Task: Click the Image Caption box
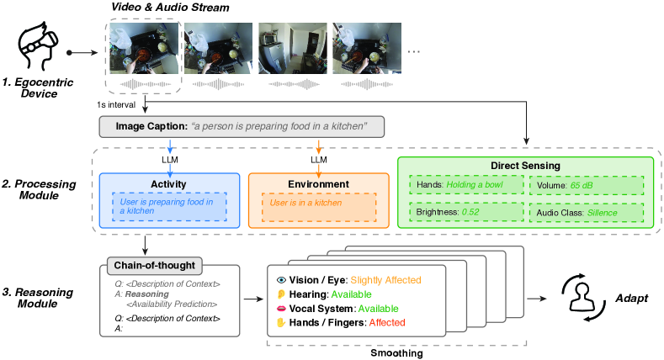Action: (x=242, y=126)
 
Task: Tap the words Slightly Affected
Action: (x=385, y=280)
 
